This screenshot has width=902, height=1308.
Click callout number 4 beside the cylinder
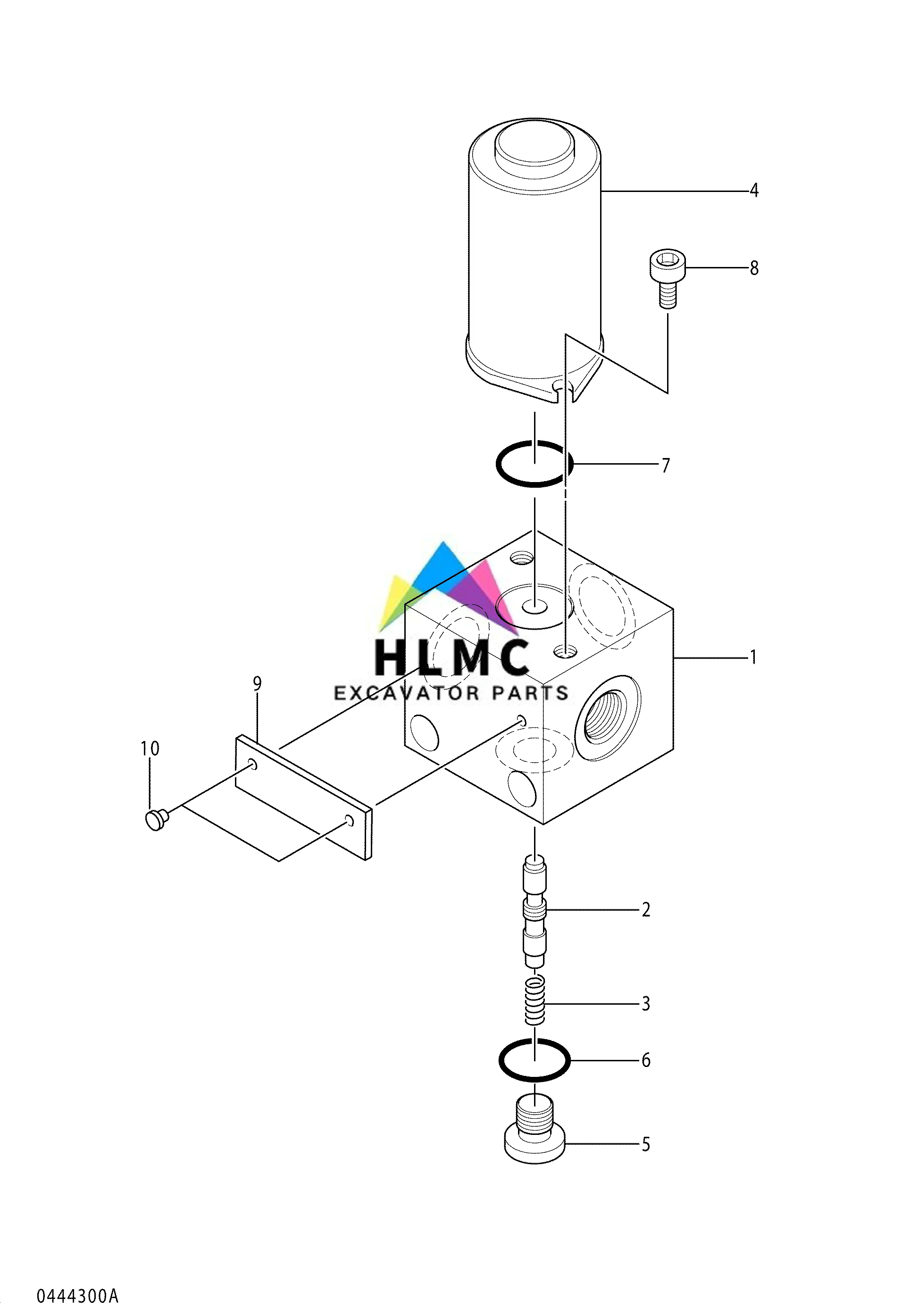753,191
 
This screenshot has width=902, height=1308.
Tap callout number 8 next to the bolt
753,268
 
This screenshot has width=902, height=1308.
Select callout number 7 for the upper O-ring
665,465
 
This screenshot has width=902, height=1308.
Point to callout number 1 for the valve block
753,657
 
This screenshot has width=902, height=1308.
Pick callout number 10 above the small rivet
150,749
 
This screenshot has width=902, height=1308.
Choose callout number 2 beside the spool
645,910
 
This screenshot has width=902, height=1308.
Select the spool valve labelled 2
535,911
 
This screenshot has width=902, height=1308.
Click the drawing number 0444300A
78,1280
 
